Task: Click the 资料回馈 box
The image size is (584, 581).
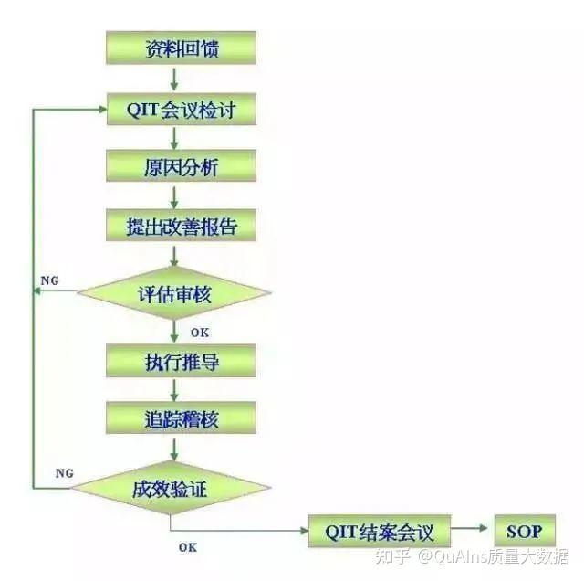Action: (x=181, y=48)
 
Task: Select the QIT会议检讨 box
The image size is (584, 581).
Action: (x=181, y=111)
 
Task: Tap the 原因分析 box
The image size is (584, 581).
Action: (x=181, y=167)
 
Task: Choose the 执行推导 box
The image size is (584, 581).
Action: (x=181, y=361)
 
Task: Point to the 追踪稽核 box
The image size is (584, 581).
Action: (x=181, y=418)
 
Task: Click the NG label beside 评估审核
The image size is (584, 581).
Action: (x=52, y=280)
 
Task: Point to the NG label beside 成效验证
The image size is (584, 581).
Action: (x=64, y=473)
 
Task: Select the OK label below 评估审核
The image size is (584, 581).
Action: (x=199, y=332)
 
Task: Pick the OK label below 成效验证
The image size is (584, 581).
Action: (x=187, y=547)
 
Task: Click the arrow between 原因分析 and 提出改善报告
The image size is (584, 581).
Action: (x=174, y=197)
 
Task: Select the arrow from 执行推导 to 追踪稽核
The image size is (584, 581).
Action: (x=174, y=390)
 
